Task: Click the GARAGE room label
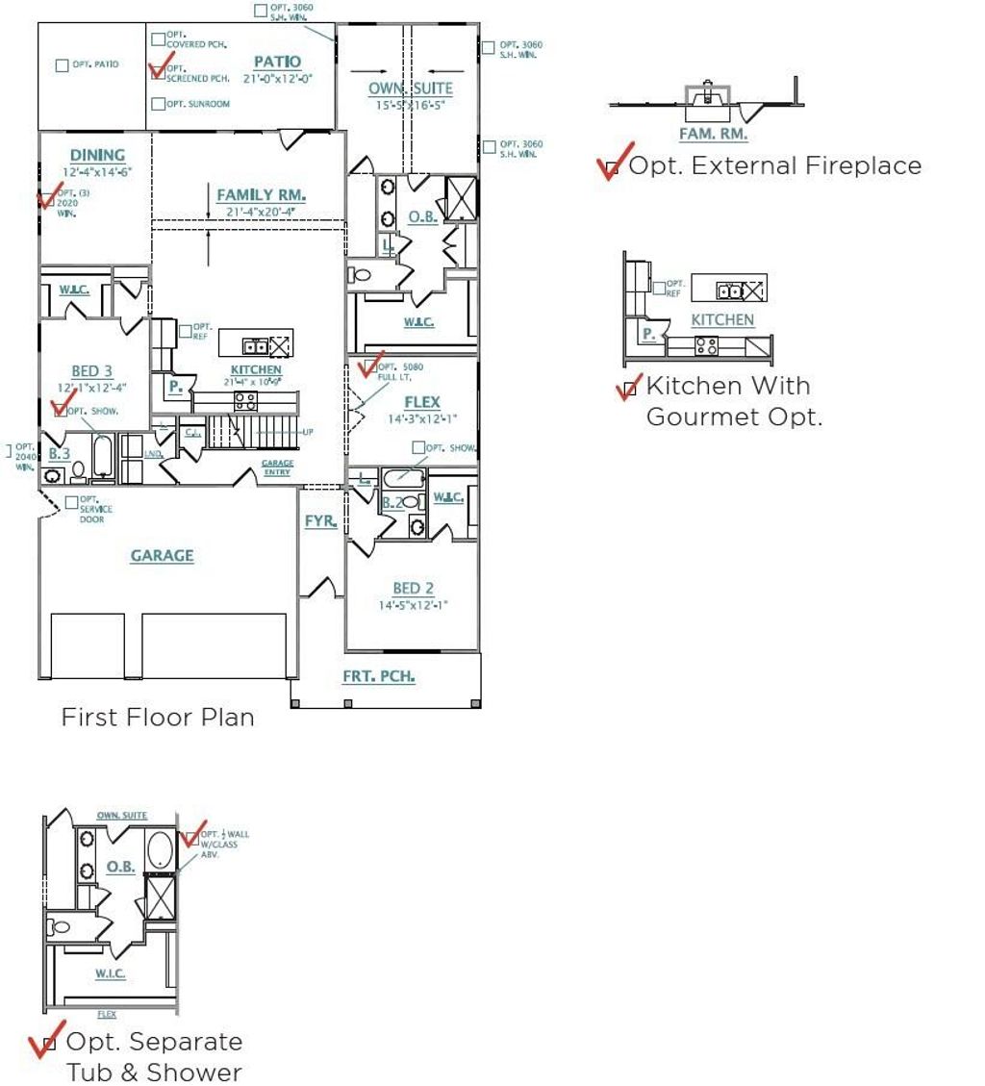[x=162, y=555]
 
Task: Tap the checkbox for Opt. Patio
[x=63, y=65]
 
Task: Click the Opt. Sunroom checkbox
[x=159, y=104]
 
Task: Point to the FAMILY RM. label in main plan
[x=261, y=195]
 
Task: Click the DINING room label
[x=97, y=155]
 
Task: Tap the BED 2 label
[x=413, y=589]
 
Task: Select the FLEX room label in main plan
[x=421, y=402]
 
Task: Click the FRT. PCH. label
[x=379, y=676]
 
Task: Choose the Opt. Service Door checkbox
[x=72, y=502]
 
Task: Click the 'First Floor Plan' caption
[x=158, y=718]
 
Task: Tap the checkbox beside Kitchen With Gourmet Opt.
[x=630, y=389]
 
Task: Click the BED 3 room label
[x=91, y=371]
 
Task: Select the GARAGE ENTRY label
[x=278, y=467]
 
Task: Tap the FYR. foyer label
[x=320, y=521]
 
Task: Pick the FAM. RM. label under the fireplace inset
[x=713, y=135]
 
